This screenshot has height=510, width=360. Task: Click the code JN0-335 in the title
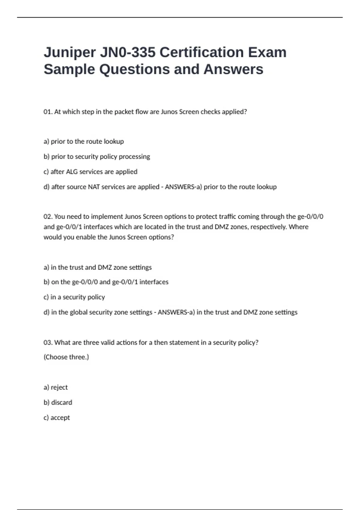coord(127,52)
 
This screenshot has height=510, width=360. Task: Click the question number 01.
coord(48,112)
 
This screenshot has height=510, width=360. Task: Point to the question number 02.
coord(48,217)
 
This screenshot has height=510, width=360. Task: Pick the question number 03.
coord(48,343)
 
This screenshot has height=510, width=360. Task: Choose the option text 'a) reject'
coord(56,387)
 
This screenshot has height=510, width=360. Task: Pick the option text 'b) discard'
coord(58,403)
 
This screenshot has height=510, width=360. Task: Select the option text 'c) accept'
coord(57,418)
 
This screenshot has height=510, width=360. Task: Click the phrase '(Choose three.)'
coord(66,357)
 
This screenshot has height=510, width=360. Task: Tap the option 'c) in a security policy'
coord(74,297)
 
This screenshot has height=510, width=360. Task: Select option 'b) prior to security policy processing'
coord(97,157)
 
